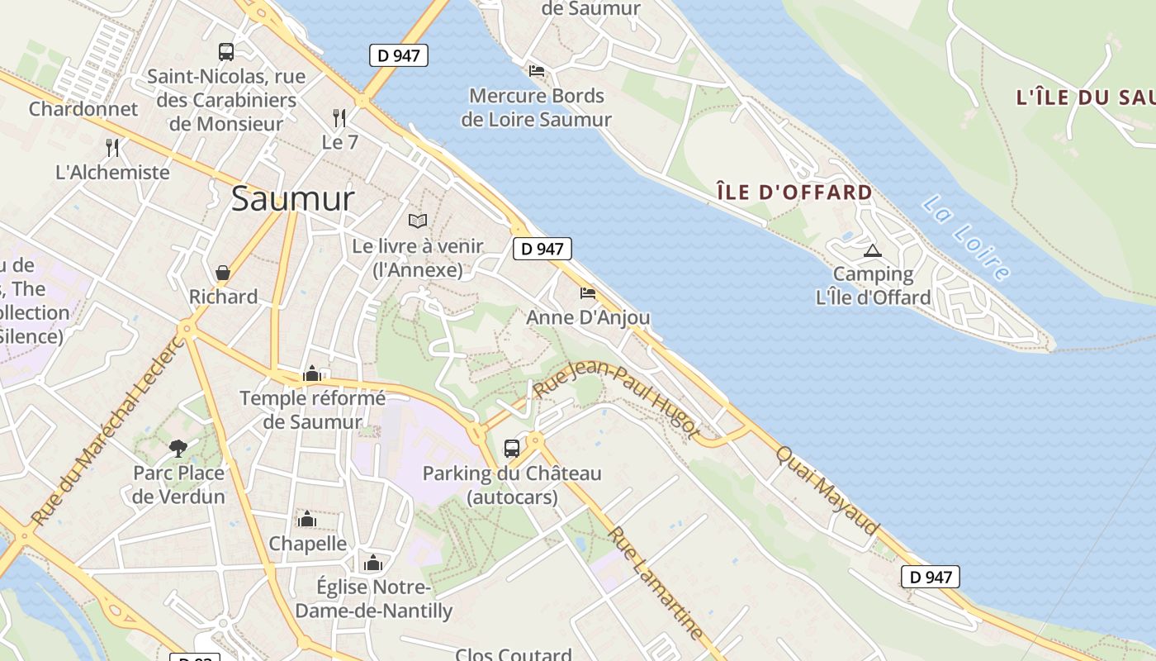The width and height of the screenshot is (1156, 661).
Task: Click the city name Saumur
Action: tap(292, 199)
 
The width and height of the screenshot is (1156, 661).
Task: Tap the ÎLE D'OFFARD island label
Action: tap(794, 193)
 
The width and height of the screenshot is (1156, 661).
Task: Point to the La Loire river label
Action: tap(966, 237)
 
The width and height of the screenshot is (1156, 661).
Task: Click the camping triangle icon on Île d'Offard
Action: tap(872, 250)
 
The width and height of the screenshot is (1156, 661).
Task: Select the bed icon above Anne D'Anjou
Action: tap(588, 293)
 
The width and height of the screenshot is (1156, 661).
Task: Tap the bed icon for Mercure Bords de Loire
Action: tap(537, 71)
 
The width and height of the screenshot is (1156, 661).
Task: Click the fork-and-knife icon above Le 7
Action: tap(339, 118)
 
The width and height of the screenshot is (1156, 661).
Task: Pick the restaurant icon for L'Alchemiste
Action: tap(112, 148)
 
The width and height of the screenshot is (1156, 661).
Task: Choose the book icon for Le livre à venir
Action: tap(418, 221)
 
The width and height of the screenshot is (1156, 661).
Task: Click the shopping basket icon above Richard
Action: tap(223, 272)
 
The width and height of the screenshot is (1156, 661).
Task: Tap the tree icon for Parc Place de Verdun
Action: tap(178, 449)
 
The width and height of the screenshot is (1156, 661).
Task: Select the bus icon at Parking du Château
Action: tap(512, 449)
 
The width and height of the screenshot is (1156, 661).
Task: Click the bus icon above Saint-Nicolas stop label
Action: tap(226, 52)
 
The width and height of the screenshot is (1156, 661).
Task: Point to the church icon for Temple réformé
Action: tap(312, 374)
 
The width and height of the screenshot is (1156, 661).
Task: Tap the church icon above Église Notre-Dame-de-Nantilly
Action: tap(373, 564)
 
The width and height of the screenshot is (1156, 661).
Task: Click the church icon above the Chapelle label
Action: tap(307, 519)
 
